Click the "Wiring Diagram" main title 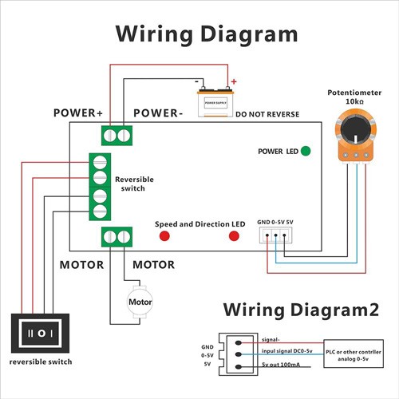207,34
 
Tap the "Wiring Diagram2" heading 301,309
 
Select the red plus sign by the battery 234,81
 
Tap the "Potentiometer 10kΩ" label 350,98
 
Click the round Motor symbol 140,302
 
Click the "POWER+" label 78,113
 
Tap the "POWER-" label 158,113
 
